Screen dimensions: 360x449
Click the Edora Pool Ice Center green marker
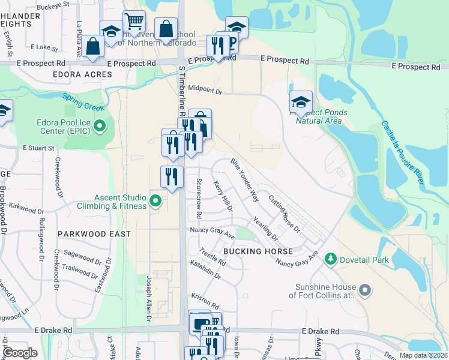pos(100,126)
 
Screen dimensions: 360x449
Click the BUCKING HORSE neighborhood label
pos(258,251)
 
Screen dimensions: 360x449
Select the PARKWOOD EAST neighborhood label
pos(91,234)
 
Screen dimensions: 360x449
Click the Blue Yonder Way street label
pos(244,179)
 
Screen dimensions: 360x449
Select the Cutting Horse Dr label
pos(284,214)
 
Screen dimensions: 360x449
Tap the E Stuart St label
pos(39,147)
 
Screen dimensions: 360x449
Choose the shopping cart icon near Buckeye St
pos(134,22)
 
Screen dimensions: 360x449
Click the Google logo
pos(20,353)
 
